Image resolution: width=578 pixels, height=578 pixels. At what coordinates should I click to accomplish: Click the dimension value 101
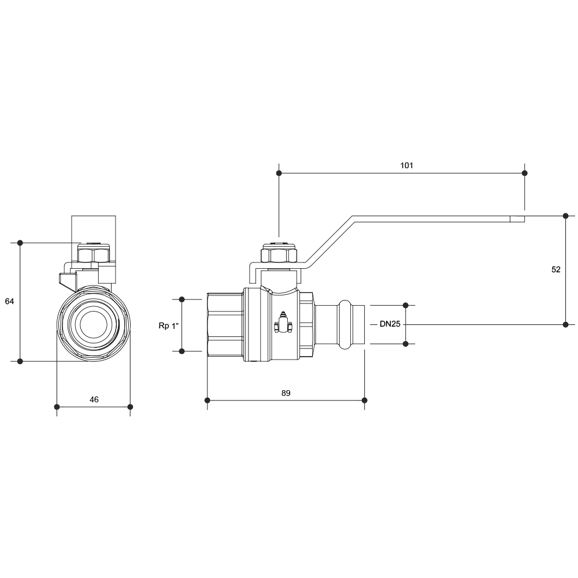[x=406, y=165]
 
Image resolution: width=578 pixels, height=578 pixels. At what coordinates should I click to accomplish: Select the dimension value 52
[x=555, y=269]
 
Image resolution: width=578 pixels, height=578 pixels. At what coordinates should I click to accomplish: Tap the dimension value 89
[x=286, y=393]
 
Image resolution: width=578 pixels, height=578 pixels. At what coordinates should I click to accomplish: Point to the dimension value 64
[x=9, y=301]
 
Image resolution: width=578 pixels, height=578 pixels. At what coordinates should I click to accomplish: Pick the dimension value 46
[x=94, y=399]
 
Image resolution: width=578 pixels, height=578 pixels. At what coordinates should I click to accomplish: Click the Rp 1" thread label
[x=168, y=325]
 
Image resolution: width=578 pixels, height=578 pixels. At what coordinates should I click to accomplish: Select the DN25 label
[x=390, y=324]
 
